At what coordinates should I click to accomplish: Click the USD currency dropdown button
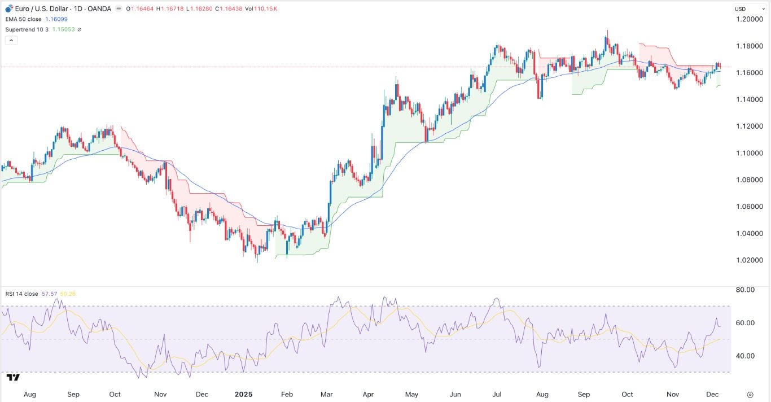tap(742, 8)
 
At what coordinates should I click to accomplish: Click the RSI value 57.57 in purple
tap(49, 294)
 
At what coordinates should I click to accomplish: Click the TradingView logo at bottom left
tap(14, 377)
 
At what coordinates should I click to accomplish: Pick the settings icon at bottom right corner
tap(750, 394)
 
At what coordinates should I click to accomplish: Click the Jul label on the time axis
tap(499, 394)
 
